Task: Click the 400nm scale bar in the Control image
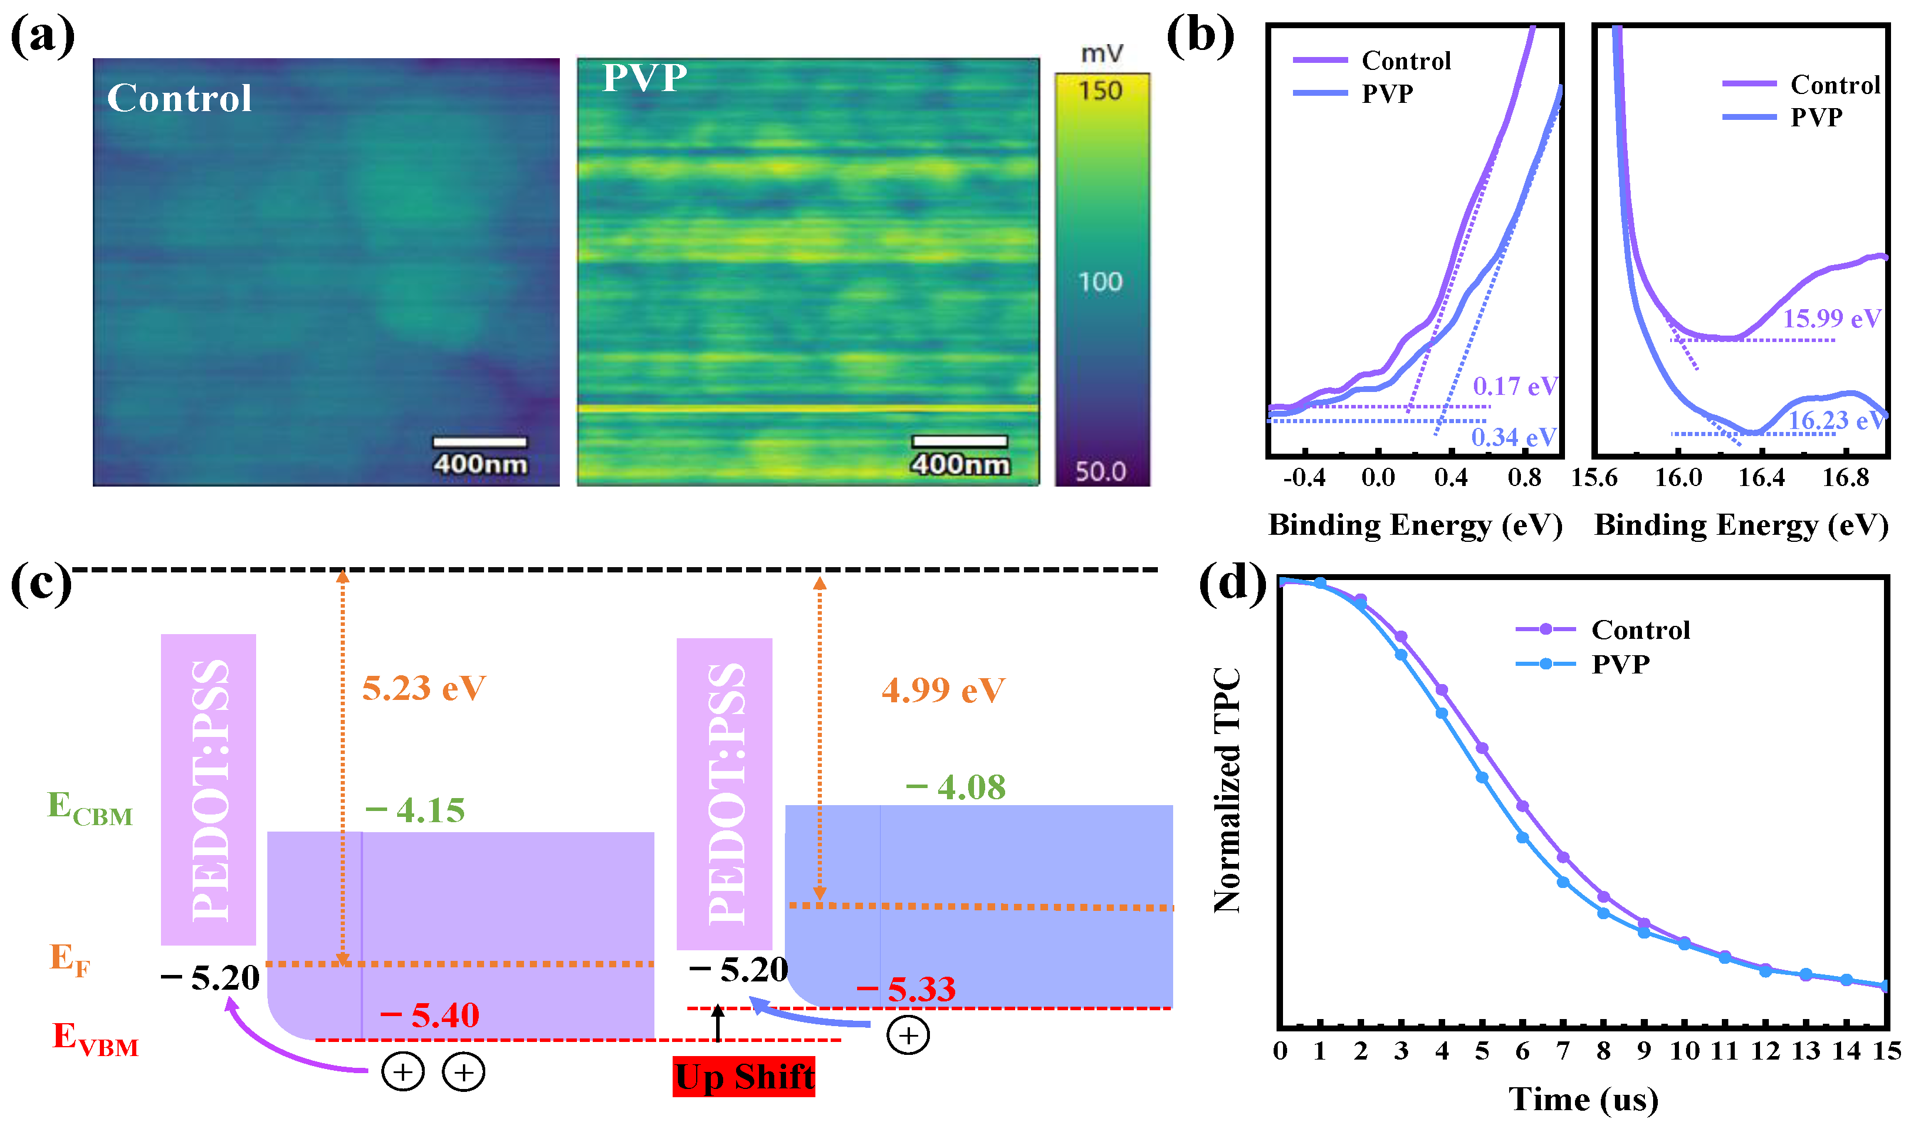[479, 443]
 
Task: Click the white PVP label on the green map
[644, 78]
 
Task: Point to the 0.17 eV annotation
[1514, 386]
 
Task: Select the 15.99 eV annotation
[1831, 319]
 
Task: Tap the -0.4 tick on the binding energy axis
[1304, 478]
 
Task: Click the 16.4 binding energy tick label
[1761, 478]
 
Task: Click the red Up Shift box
[743, 1077]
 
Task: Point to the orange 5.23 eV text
[423, 688]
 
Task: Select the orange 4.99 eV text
[943, 691]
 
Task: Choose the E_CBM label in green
[89, 809]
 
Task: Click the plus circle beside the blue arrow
[908, 1035]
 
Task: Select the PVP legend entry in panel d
[1619, 664]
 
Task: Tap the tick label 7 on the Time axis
[1562, 1051]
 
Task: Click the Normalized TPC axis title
[1226, 789]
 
